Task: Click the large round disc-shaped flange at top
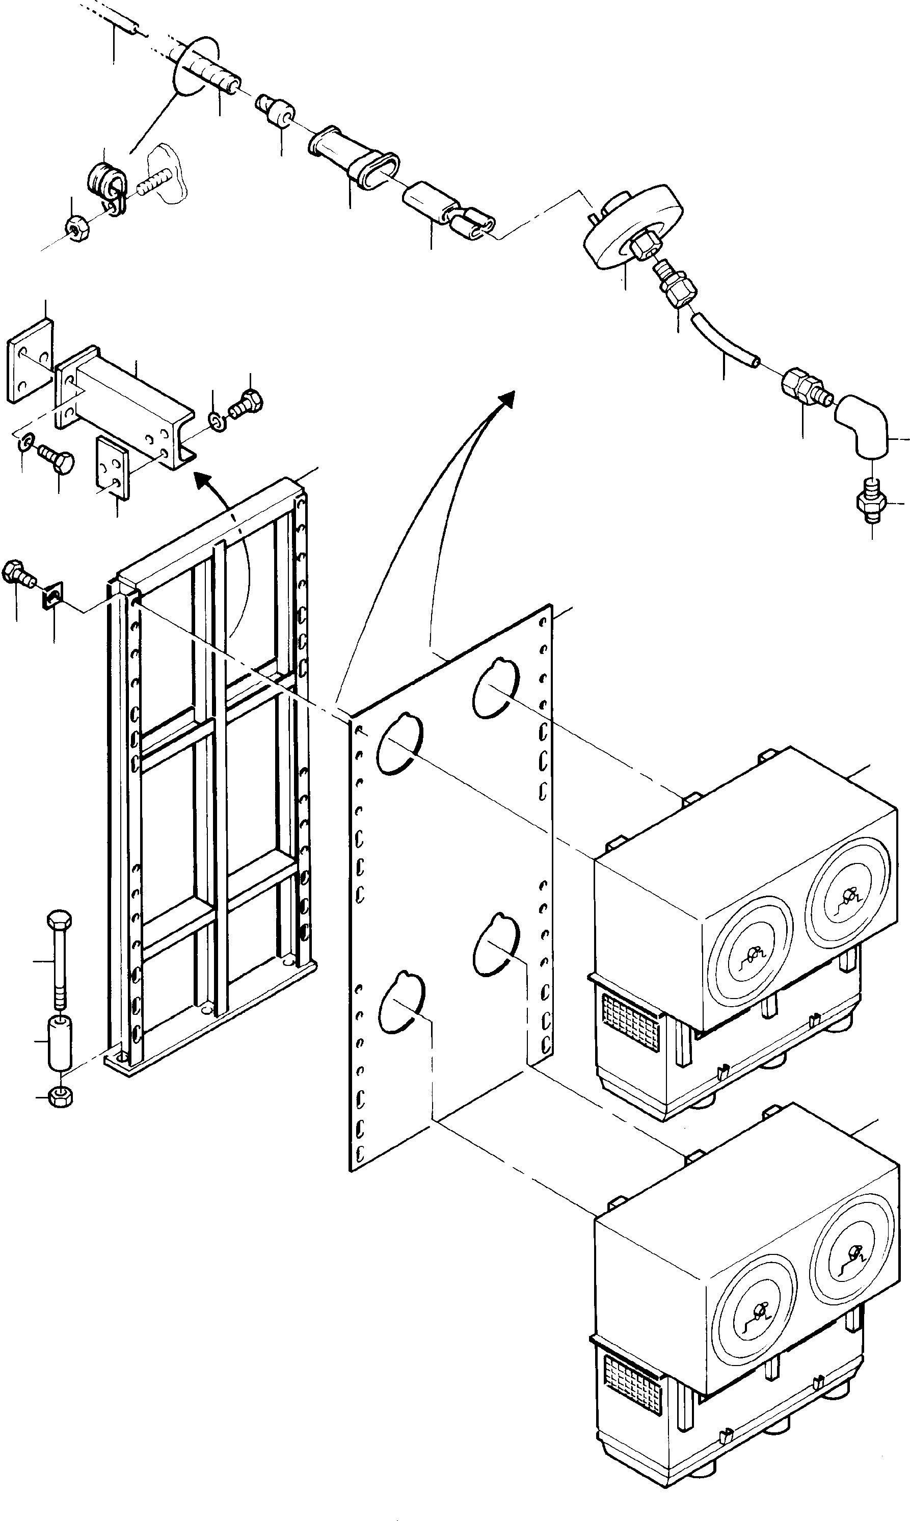click(632, 224)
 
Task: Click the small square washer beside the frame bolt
click(53, 595)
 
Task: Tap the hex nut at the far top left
click(75, 229)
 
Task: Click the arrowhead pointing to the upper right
click(506, 399)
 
